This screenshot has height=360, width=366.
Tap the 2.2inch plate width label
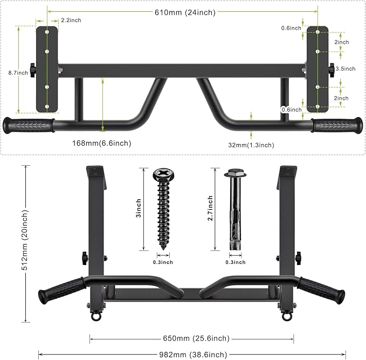click(x=71, y=20)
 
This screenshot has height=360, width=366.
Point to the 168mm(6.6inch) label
click(x=102, y=143)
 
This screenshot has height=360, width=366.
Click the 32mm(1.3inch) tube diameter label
click(x=251, y=145)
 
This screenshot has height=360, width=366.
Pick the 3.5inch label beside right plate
click(x=346, y=69)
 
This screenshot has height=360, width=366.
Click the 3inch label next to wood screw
click(x=139, y=208)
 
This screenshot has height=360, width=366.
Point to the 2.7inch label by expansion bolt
click(x=210, y=208)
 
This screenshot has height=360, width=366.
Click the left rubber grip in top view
click(x=29, y=125)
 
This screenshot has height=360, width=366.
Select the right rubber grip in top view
click(x=337, y=125)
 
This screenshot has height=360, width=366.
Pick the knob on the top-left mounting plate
click(x=33, y=69)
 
